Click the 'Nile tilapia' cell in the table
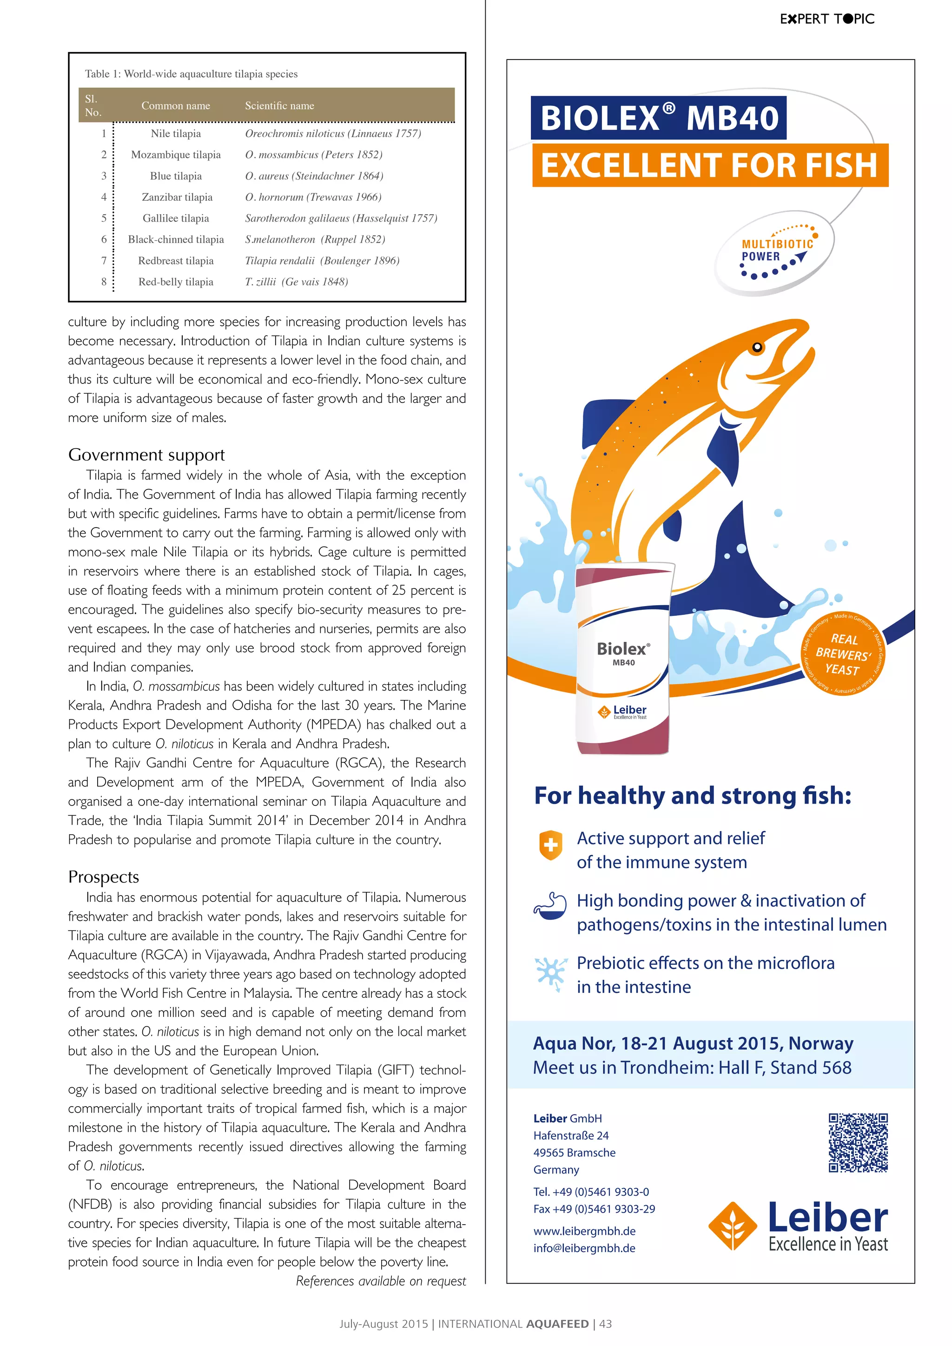pyautogui.click(x=176, y=134)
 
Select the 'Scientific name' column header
pyautogui.click(x=280, y=106)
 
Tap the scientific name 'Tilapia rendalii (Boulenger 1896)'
pyautogui.click(x=322, y=261)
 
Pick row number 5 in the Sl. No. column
pyautogui.click(x=104, y=218)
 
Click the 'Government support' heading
pyautogui.click(x=146, y=455)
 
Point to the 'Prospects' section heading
pyautogui.click(x=104, y=877)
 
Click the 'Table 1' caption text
pyautogui.click(x=191, y=74)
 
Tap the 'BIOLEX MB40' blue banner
pyautogui.click(x=658, y=119)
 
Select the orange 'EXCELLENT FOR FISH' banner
pyautogui.click(x=710, y=165)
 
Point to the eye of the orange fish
pyautogui.click(x=757, y=347)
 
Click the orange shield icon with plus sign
pyautogui.click(x=550, y=845)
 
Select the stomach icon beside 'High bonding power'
pyautogui.click(x=550, y=906)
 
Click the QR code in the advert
pyautogui.click(x=858, y=1142)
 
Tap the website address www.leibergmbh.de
pyautogui.click(x=584, y=1231)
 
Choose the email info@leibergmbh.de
pyautogui.click(x=584, y=1248)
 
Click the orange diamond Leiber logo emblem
pyautogui.click(x=733, y=1225)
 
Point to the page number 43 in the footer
pyautogui.click(x=606, y=1324)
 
